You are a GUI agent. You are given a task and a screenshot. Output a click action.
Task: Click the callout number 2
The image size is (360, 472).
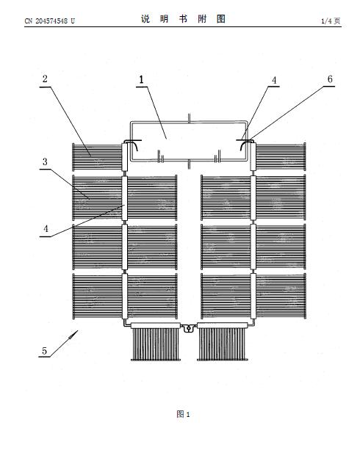(45, 79)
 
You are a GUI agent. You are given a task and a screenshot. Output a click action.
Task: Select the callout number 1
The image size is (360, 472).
(141, 79)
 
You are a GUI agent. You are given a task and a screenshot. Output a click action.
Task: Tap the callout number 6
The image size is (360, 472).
(330, 79)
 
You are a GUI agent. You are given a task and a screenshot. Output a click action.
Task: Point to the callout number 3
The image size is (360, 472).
(45, 161)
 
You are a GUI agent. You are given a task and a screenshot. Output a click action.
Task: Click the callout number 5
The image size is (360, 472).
(45, 351)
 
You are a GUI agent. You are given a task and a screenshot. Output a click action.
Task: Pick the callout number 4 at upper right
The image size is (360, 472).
(274, 80)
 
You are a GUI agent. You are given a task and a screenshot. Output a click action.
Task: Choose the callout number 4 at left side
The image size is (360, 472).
(46, 229)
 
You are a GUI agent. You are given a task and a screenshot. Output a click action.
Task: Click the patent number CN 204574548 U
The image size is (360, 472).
(50, 21)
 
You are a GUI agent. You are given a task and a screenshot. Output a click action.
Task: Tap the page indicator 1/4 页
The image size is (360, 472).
(331, 21)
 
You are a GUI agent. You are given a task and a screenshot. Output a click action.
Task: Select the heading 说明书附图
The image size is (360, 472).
(183, 19)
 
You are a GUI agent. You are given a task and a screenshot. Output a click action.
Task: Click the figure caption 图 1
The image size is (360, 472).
(183, 414)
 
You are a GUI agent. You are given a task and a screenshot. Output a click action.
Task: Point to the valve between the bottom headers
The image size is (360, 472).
(189, 328)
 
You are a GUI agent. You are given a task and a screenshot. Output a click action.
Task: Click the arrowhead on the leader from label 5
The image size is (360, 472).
(73, 335)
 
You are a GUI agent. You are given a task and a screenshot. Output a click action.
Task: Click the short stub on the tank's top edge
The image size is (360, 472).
(189, 118)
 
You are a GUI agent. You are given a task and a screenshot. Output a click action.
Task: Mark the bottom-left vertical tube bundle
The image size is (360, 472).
(156, 344)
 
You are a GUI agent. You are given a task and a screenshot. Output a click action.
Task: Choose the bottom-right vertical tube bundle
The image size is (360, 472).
(223, 344)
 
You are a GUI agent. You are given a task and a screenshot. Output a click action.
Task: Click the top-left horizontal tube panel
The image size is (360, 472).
(97, 156)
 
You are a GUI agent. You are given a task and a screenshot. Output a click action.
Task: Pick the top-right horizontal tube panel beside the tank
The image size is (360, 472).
(281, 156)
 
